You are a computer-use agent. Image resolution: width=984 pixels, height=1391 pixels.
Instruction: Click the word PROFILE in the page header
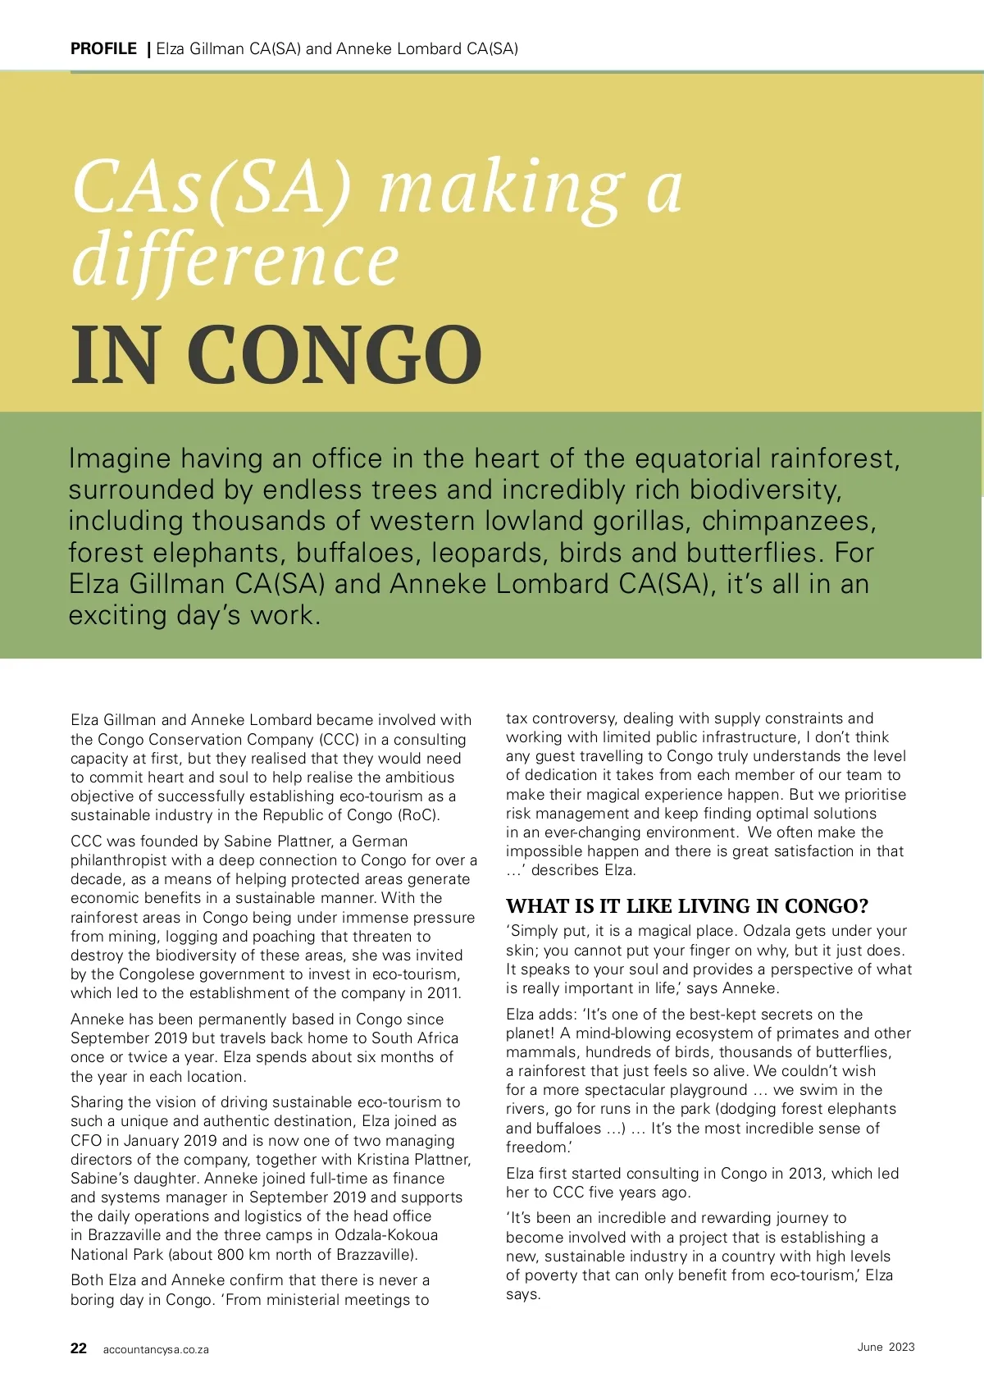[x=103, y=48]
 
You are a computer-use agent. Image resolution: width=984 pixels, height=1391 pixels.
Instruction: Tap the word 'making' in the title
[x=501, y=188]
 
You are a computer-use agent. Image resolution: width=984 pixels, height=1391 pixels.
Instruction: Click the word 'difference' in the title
[x=235, y=260]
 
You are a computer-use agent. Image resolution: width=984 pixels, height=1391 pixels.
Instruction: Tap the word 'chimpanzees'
[x=789, y=521]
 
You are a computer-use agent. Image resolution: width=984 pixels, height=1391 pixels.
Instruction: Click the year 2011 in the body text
[x=443, y=993]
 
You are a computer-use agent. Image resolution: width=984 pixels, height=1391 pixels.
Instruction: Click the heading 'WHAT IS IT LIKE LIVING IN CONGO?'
[x=686, y=906]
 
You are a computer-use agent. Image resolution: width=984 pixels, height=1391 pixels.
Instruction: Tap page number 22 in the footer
[x=79, y=1348]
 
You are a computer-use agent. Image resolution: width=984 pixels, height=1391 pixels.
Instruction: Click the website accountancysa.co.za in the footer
[x=156, y=1350]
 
